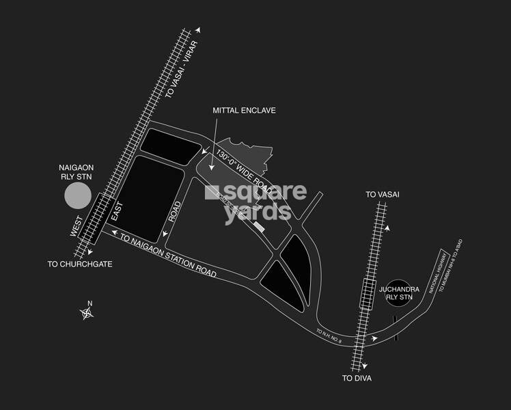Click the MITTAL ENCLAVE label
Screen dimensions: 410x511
244,111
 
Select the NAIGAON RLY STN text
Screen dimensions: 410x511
78,170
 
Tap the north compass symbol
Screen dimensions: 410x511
87,313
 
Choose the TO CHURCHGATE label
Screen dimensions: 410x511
79,264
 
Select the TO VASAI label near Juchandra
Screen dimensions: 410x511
382,195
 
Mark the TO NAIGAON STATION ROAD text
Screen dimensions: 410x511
168,256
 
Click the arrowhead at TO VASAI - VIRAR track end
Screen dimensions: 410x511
199,31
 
